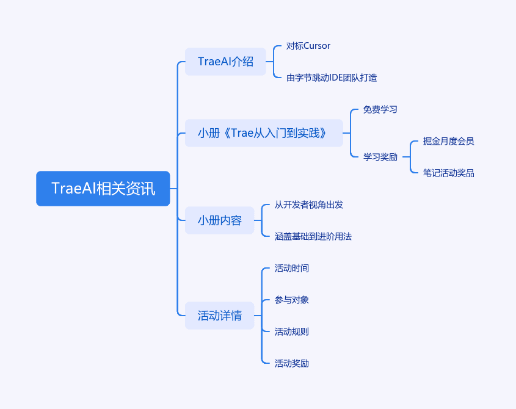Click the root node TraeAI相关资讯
(x=103, y=189)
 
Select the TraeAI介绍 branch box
(x=225, y=62)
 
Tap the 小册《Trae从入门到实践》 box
(x=264, y=133)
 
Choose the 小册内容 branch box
(x=219, y=220)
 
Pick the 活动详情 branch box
(x=219, y=316)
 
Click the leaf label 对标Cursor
(x=308, y=46)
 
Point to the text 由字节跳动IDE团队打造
(x=332, y=78)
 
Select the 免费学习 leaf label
(x=380, y=109)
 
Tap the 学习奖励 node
(x=380, y=157)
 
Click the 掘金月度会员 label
(x=448, y=141)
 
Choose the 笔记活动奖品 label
(x=448, y=173)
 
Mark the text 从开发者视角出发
(x=308, y=204)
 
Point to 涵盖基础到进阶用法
(x=313, y=236)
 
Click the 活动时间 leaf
(x=291, y=268)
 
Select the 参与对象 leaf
(x=291, y=300)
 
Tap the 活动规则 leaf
(x=291, y=331)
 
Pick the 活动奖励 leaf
(x=291, y=363)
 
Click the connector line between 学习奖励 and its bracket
(x=406, y=157)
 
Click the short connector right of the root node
(x=173, y=189)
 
